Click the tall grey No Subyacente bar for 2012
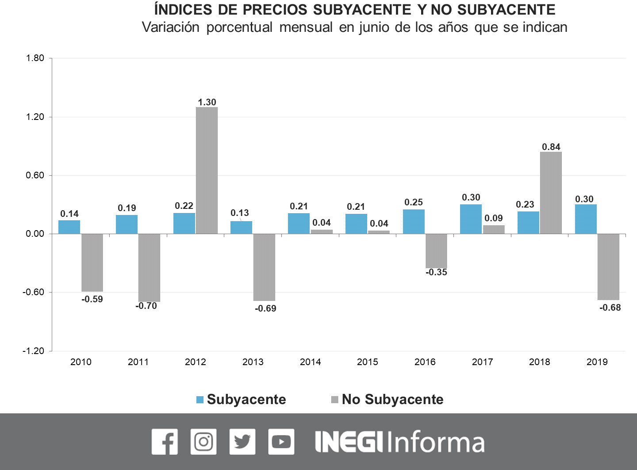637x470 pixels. (207, 170)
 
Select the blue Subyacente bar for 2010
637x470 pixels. (69, 227)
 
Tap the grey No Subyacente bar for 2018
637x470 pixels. (551, 193)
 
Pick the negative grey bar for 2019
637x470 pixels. (608, 267)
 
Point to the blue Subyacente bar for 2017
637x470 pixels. (471, 219)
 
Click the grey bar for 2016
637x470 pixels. (436, 251)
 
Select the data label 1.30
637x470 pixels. (207, 102)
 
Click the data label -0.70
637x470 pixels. (146, 306)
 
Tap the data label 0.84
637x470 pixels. (551, 147)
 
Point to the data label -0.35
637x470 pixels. (436, 272)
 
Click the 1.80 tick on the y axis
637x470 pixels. (35, 58)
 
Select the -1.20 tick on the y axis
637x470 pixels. (34, 351)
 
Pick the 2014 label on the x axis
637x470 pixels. (310, 362)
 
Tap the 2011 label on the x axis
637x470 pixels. (138, 362)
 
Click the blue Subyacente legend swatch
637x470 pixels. (200, 400)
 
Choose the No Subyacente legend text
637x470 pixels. (392, 400)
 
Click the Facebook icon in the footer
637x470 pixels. (165, 442)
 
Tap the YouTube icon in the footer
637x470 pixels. (281, 442)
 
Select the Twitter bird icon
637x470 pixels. (242, 442)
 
